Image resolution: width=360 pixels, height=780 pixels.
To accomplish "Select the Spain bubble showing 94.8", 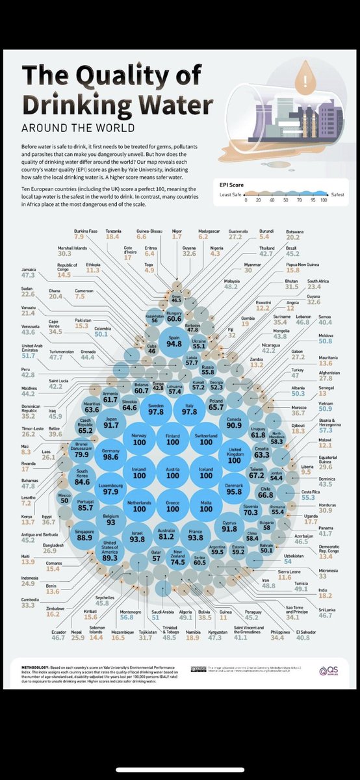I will tap(174, 341).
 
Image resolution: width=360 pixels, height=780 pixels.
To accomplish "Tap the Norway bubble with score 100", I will tap(139, 439).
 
